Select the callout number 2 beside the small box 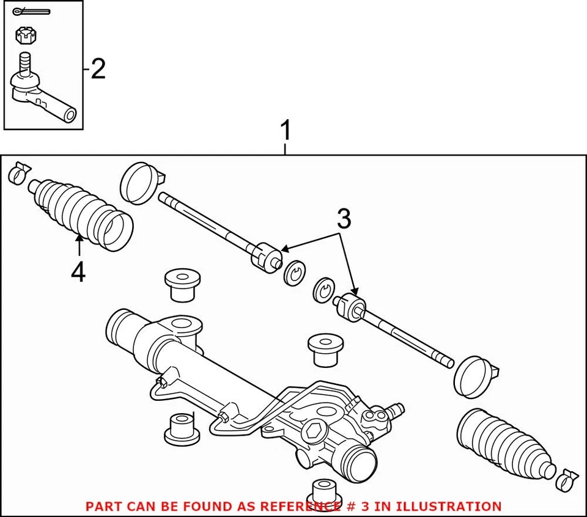pos(98,69)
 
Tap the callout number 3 pos(344,219)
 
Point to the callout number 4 pos(78,273)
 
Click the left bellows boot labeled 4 pos(79,211)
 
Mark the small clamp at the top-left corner pos(18,174)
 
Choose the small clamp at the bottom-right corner pos(567,480)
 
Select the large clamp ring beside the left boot pos(140,182)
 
